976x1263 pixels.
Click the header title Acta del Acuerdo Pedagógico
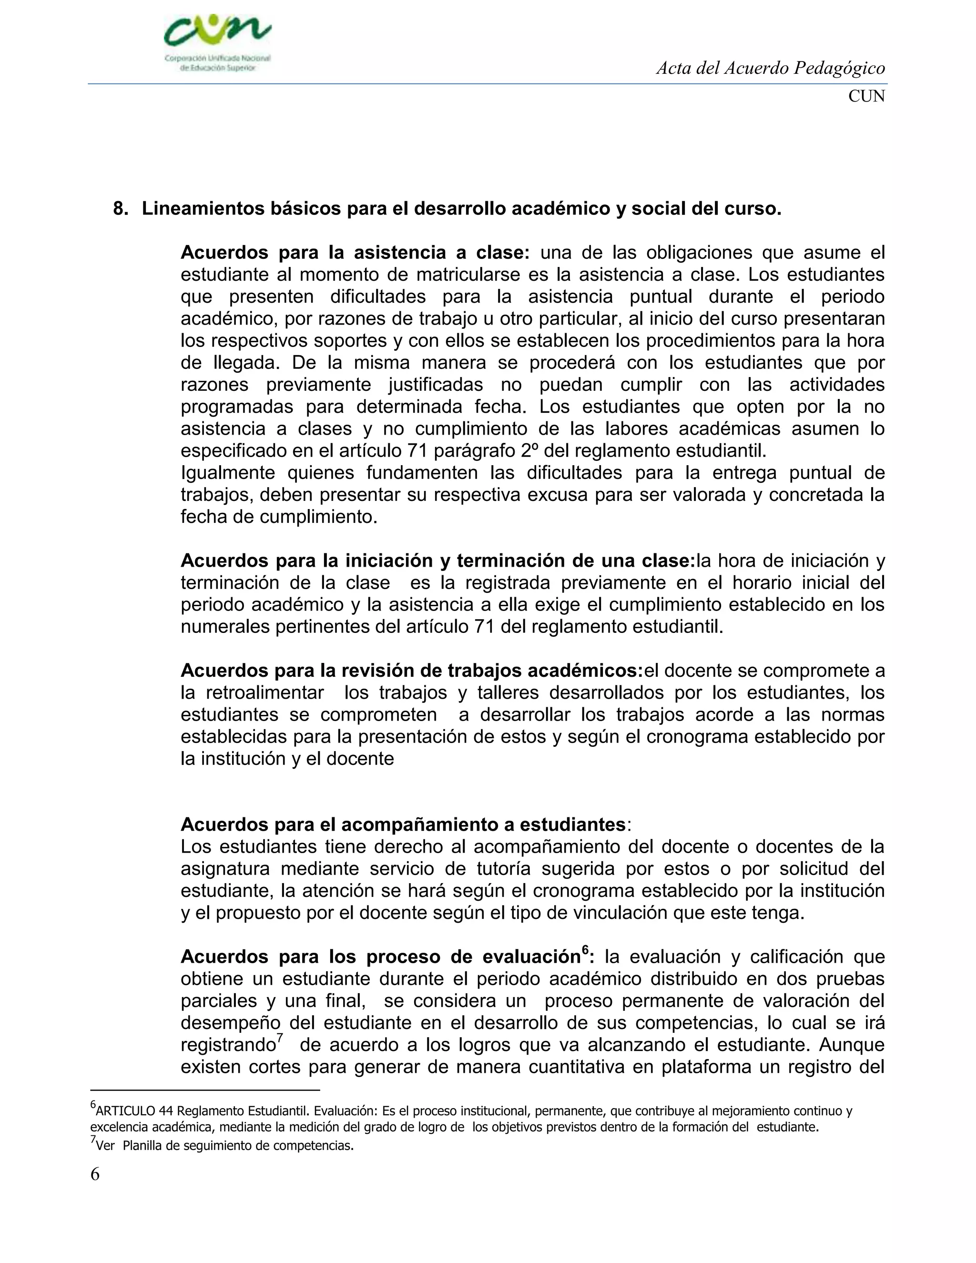[x=770, y=69]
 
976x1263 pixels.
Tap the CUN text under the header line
[x=866, y=97]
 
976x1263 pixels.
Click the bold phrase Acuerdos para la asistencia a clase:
[x=355, y=253]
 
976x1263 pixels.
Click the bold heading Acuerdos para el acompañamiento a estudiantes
[x=403, y=825]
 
